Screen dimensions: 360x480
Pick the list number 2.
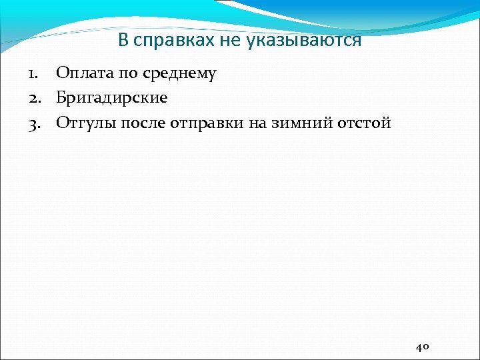point(34,98)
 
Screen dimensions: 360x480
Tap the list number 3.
point(34,123)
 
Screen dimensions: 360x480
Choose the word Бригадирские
point(112,98)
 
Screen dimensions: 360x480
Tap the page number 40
point(423,347)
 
